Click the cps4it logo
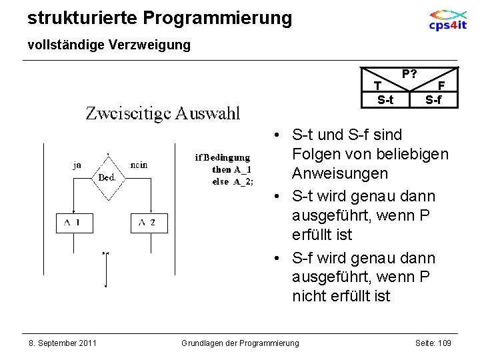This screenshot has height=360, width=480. (x=447, y=20)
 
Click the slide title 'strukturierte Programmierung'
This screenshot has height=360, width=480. (x=159, y=18)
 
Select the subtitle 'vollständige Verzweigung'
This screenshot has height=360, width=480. (x=109, y=45)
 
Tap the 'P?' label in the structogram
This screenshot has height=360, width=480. (x=409, y=73)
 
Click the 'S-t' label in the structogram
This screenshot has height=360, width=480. (x=385, y=101)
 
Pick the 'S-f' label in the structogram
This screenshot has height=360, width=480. (x=433, y=101)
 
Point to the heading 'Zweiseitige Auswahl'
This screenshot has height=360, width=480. (x=163, y=113)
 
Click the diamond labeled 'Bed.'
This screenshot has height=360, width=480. (x=107, y=177)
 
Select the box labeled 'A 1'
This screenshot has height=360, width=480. (x=73, y=223)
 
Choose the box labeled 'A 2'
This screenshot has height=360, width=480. (x=147, y=223)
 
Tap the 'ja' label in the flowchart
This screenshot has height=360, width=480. (x=78, y=165)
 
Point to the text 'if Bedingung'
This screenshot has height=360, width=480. (x=222, y=158)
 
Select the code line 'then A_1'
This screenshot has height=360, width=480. (x=231, y=169)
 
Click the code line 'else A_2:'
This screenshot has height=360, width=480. (x=233, y=181)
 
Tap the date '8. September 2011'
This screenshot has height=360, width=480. (x=62, y=343)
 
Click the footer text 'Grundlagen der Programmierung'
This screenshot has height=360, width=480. (x=240, y=343)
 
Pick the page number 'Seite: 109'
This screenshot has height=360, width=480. (x=433, y=343)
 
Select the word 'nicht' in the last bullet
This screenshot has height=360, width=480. (x=309, y=296)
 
